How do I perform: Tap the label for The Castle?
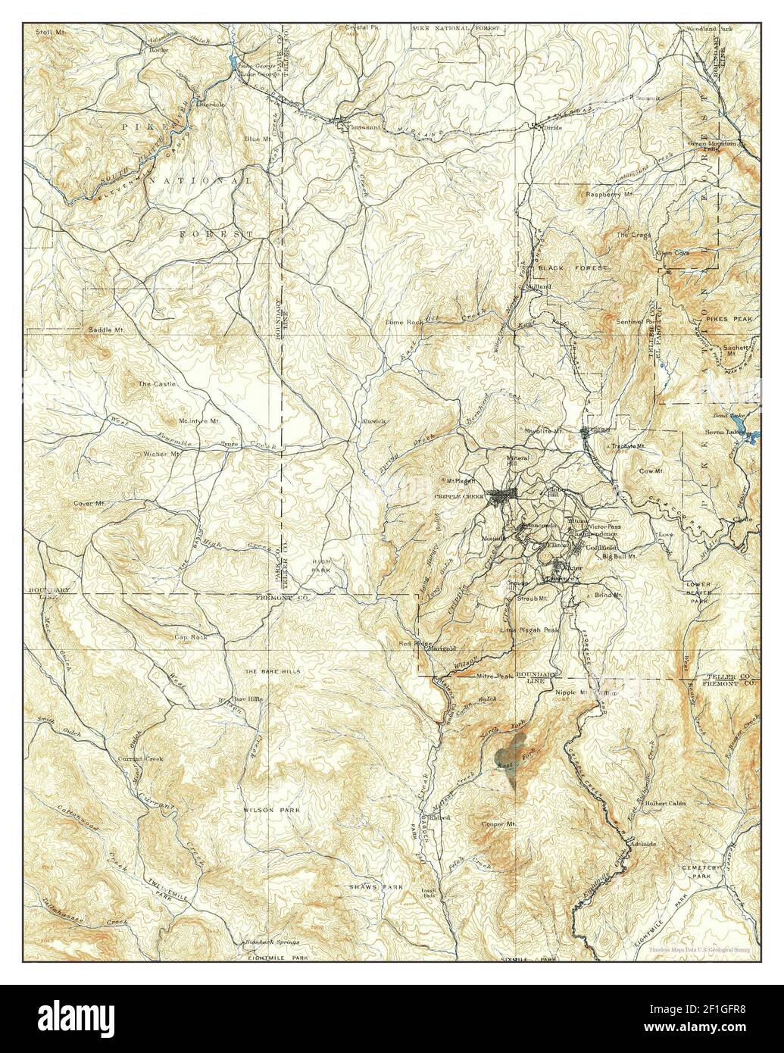point(156,384)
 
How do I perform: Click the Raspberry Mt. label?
point(608,195)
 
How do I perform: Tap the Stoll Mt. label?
point(50,32)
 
